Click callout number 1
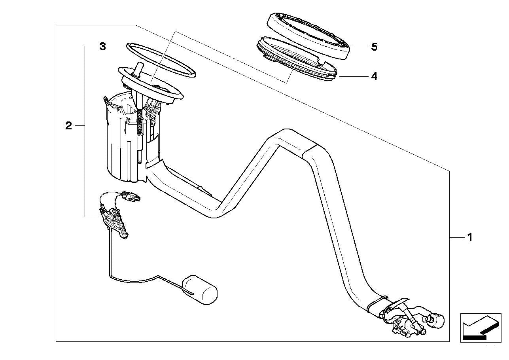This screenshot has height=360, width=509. click(x=469, y=237)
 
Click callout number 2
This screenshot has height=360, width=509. click(x=69, y=126)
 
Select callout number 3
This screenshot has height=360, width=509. click(x=102, y=47)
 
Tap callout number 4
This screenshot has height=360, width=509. click(x=374, y=76)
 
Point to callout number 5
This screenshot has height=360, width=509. click(x=374, y=47)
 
